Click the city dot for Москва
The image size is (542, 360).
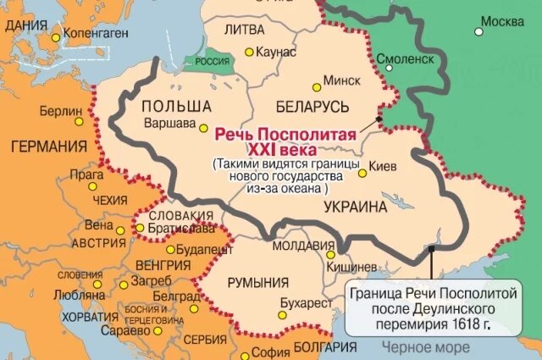point(478,32)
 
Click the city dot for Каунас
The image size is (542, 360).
point(248,53)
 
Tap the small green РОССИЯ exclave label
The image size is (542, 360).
point(202,62)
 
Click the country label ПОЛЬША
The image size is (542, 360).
point(176,106)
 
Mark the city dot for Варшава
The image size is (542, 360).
point(202,126)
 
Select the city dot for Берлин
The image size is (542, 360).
point(90,112)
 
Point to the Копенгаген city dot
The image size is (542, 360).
point(56,37)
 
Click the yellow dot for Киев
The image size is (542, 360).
point(362,173)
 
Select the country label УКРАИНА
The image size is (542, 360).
point(355,206)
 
